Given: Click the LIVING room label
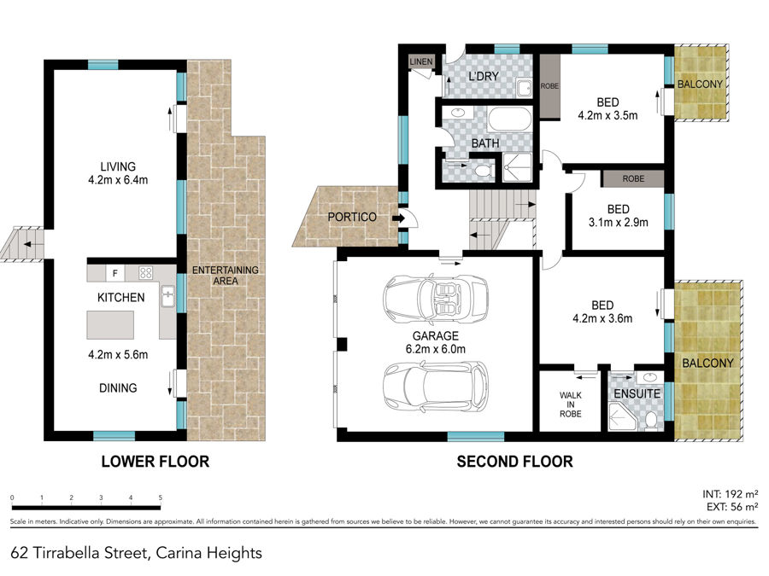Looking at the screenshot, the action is (x=118, y=166).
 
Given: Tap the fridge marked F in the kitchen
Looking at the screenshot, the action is (x=115, y=273).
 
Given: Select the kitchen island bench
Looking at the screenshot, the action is (x=110, y=325).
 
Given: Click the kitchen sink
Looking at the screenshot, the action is (x=167, y=296).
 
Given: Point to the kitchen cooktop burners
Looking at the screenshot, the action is (x=145, y=273).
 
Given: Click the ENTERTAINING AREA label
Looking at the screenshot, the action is (x=225, y=276).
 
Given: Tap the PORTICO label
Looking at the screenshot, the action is (x=352, y=217).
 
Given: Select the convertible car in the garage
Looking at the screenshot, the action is (x=436, y=299).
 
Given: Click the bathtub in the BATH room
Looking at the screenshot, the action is (x=510, y=119).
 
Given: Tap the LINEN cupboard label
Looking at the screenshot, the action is (x=420, y=61).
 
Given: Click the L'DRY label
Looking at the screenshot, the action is (x=484, y=77).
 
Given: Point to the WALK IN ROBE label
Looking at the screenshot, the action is (x=571, y=404).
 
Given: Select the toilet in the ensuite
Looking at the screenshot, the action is (x=651, y=420).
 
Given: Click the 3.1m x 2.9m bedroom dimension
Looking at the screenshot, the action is (x=618, y=223).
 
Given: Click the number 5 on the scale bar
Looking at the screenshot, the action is (x=161, y=497).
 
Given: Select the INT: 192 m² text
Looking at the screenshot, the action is (x=731, y=494).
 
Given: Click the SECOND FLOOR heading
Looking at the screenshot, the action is (x=514, y=462).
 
